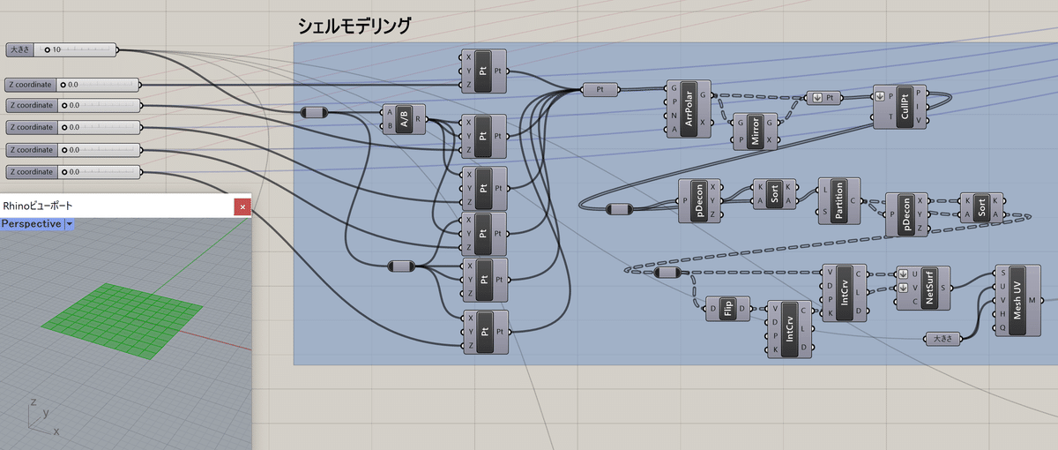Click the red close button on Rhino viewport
click(x=242, y=206)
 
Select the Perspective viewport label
click(x=31, y=223)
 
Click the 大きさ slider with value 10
click(x=61, y=49)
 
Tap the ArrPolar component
click(x=689, y=109)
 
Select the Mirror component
click(x=755, y=131)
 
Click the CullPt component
click(x=899, y=107)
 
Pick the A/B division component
click(x=404, y=119)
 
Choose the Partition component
click(x=838, y=201)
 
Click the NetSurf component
click(x=923, y=288)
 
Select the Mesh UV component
click(x=1017, y=301)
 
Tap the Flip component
click(x=727, y=309)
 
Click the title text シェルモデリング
click(x=354, y=26)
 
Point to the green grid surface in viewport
click(x=122, y=320)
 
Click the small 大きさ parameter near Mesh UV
click(x=943, y=339)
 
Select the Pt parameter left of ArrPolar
click(x=600, y=89)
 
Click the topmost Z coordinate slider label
click(x=30, y=85)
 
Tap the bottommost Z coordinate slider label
click(x=32, y=172)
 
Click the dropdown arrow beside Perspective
click(x=70, y=223)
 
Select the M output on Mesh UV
click(x=1032, y=300)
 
